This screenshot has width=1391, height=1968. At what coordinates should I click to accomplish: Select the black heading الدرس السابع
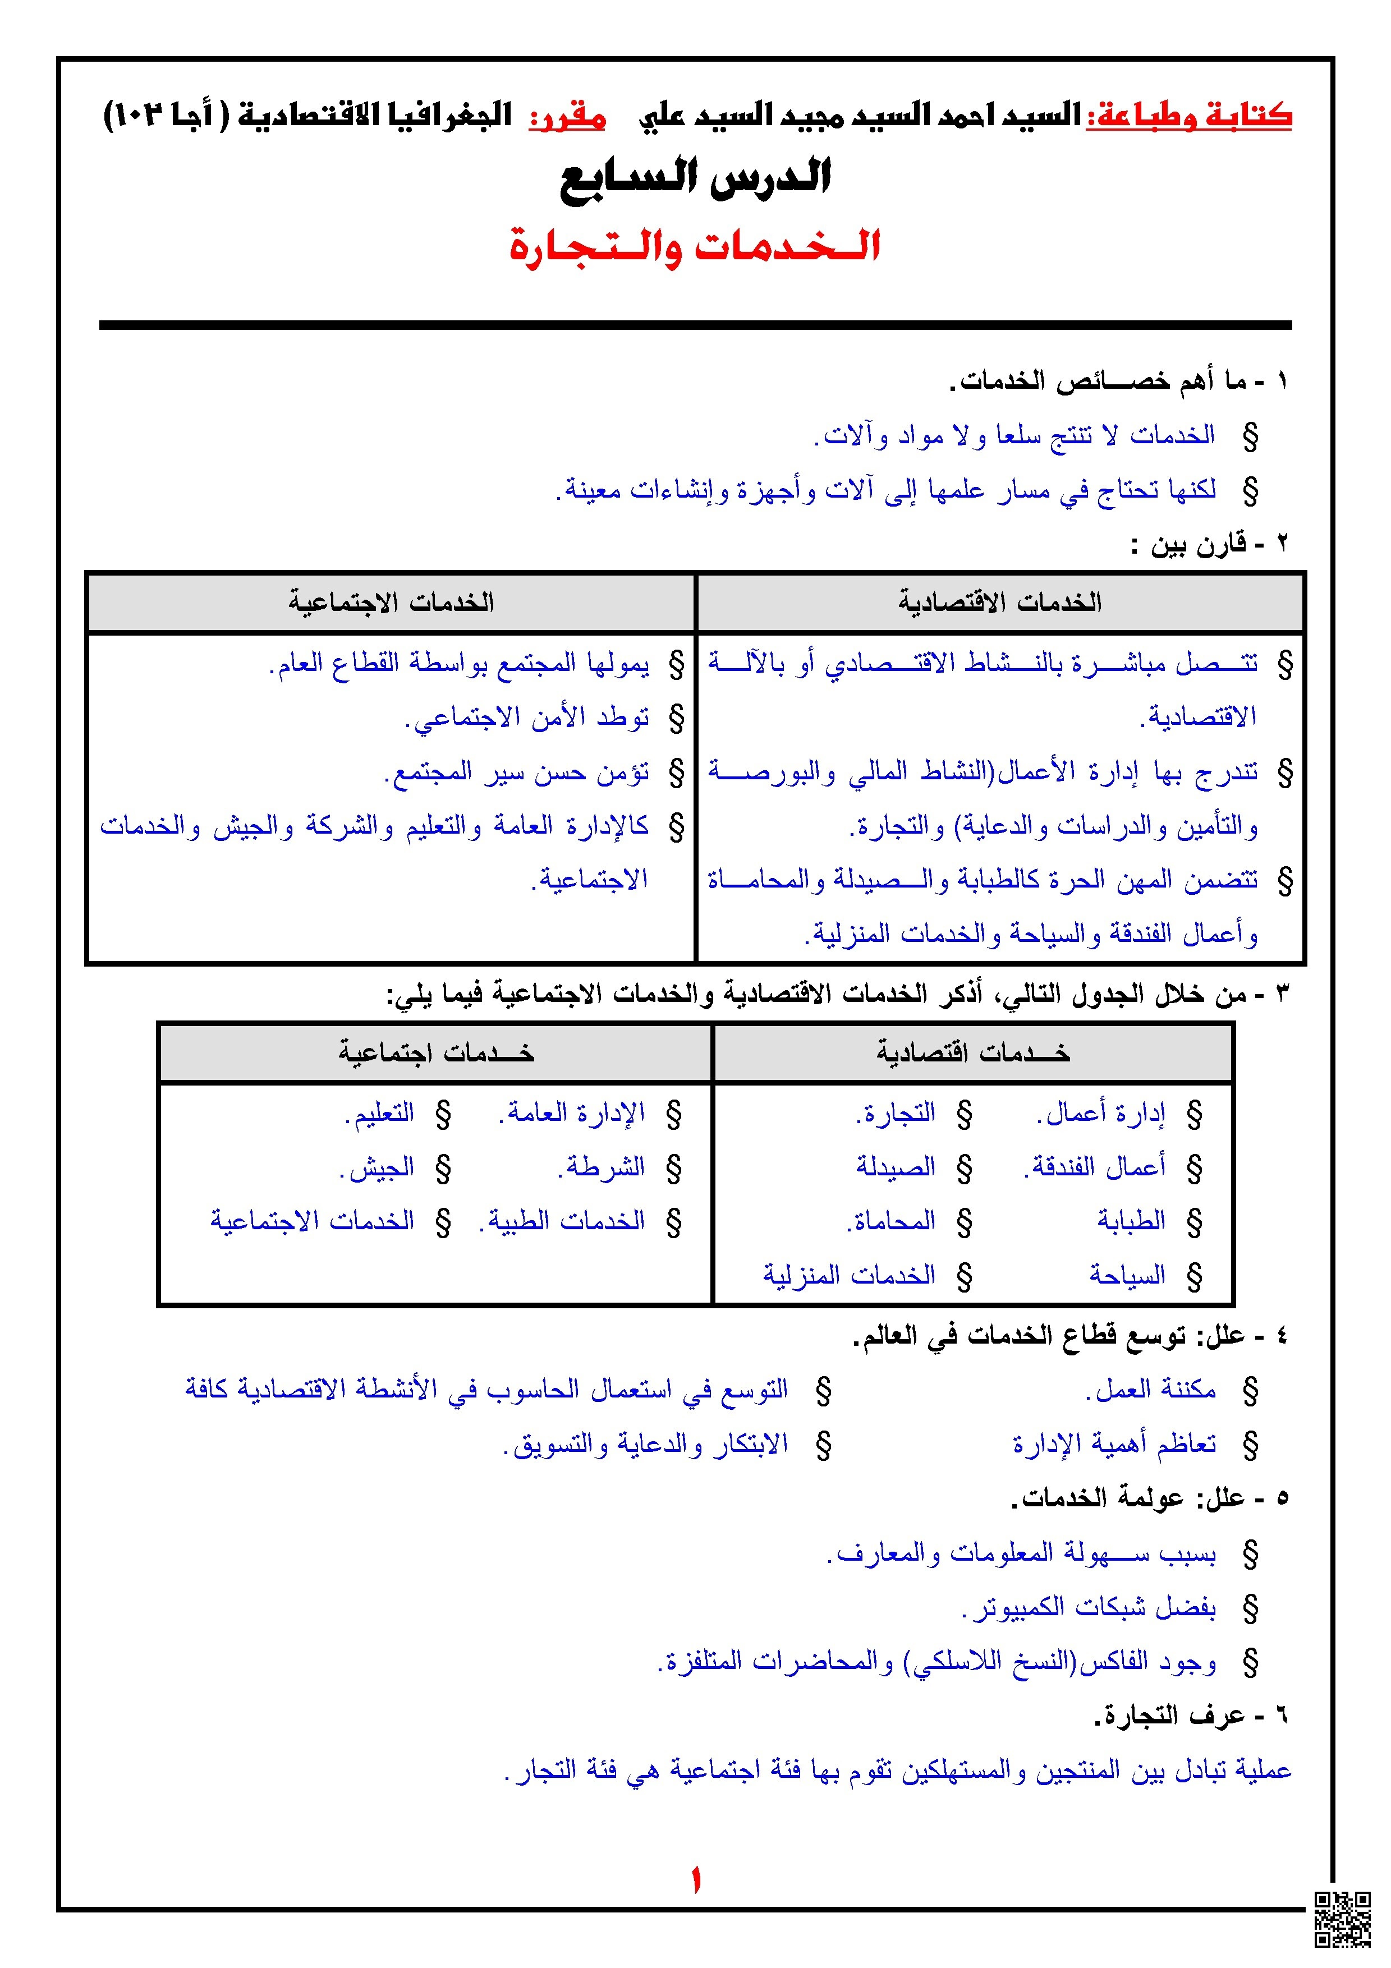695,178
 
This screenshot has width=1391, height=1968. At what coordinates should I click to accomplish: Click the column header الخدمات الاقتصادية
999,603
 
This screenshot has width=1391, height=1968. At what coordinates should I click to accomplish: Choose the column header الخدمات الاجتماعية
391,603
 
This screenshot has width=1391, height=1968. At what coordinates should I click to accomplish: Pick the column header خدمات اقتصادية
973,1052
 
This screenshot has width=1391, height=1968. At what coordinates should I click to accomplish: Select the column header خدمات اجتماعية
435,1052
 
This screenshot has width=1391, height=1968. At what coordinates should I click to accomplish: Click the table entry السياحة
1127,1275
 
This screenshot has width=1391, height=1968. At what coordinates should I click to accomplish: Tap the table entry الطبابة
1131,1221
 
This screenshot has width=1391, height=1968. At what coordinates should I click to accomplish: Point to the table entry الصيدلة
896,1166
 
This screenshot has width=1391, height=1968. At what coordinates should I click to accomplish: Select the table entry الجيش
377,1166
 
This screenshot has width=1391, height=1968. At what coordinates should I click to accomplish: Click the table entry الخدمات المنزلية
848,1275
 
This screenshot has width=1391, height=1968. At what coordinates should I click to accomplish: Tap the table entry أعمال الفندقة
1095,1166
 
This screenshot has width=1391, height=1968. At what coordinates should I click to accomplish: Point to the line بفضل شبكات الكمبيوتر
1089,1607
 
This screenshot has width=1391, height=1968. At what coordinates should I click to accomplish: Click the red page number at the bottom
695,1882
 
